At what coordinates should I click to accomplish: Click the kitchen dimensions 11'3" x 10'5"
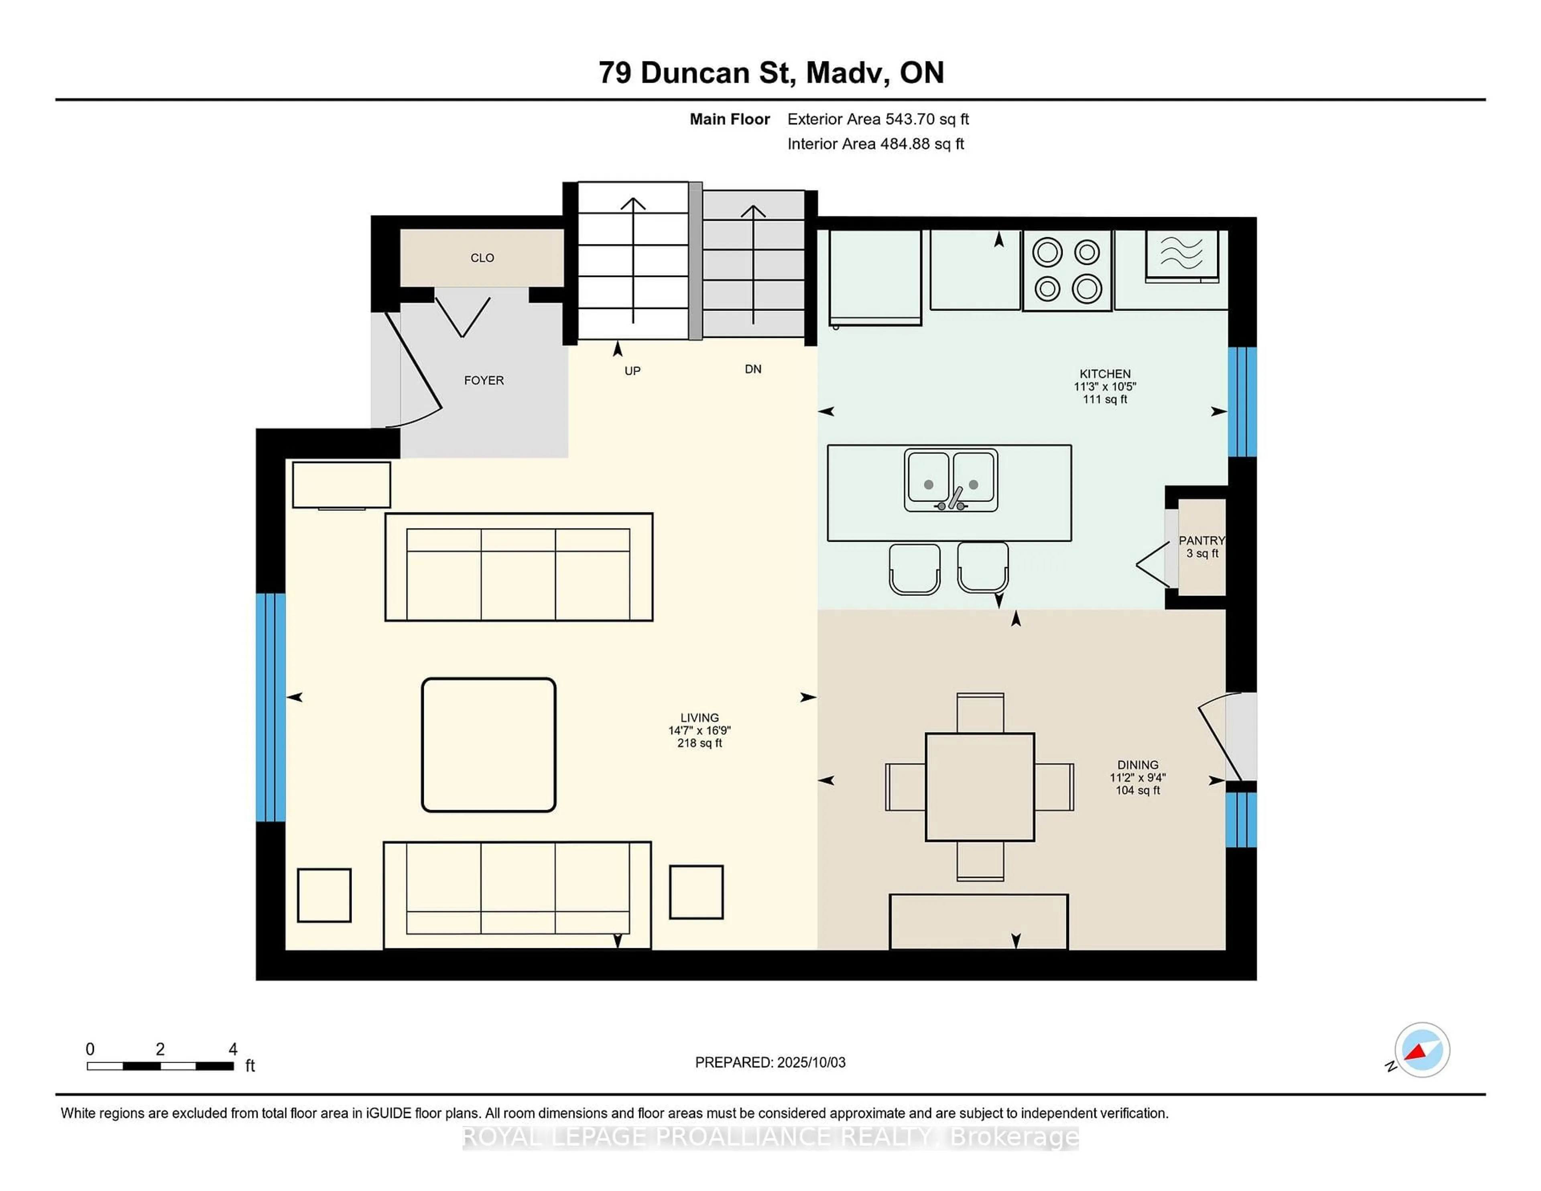(1104, 387)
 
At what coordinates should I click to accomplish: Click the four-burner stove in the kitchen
(1067, 270)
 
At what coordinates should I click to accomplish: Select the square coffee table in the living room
(488, 744)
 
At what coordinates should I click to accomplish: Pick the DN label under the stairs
(753, 369)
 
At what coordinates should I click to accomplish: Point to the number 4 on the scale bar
(233, 1049)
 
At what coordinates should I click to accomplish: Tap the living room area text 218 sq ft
(699, 743)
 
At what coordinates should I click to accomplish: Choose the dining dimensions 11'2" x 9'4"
(1137, 778)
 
